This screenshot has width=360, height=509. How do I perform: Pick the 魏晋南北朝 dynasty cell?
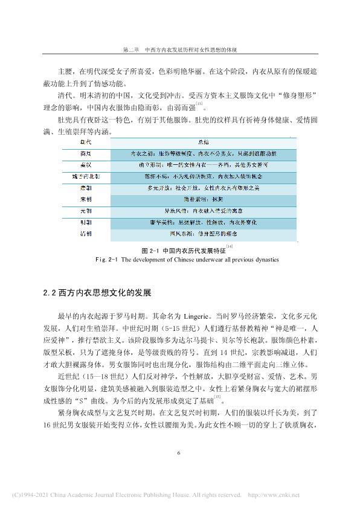85,177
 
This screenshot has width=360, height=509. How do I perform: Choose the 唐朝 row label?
85,188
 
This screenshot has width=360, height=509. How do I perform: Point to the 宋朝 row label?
85,199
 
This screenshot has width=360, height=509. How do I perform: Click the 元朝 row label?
85,211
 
